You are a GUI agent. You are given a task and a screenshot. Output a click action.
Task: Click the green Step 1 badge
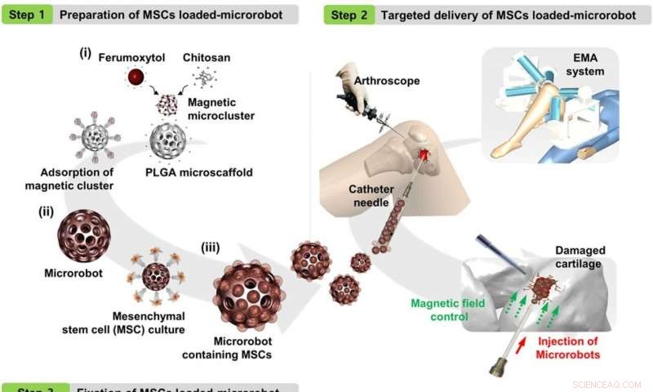pos(26,14)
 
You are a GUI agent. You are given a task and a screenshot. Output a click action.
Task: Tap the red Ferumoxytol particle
pos(132,78)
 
